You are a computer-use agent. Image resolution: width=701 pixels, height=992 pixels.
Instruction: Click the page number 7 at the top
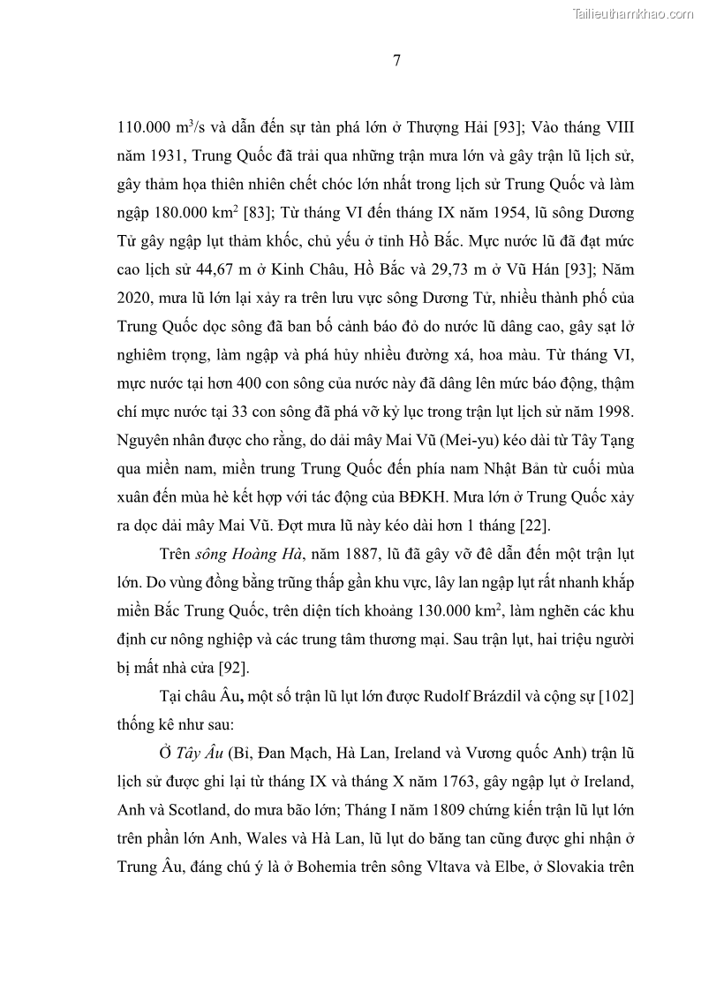click(x=396, y=61)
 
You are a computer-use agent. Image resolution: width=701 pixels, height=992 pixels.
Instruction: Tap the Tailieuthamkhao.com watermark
click(x=633, y=12)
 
